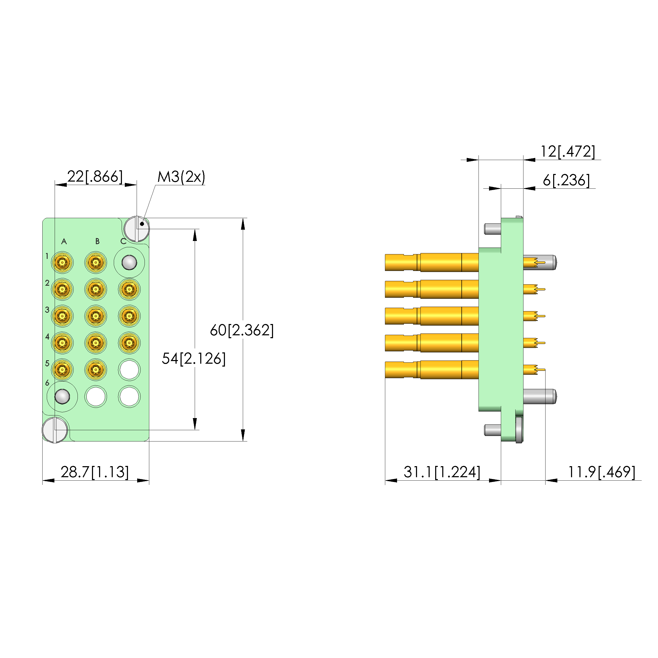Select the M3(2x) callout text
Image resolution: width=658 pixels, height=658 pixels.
pyautogui.click(x=181, y=177)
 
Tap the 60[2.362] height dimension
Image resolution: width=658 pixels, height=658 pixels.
pyautogui.click(x=241, y=330)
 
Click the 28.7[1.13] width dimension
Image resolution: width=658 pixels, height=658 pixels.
pyautogui.click(x=95, y=472)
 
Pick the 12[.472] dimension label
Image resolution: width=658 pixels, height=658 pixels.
pyautogui.click(x=568, y=152)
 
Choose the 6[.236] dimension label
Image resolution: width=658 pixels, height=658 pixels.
pyautogui.click(x=566, y=180)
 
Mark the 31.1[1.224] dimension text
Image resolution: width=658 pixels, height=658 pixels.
pyautogui.click(x=442, y=472)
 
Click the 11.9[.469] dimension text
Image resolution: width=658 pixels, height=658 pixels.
pyautogui.click(x=601, y=472)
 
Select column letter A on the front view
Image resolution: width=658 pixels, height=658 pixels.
pyautogui.click(x=64, y=241)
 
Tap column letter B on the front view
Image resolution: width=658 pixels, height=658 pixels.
pyautogui.click(x=97, y=241)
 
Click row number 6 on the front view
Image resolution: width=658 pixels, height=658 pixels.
pyautogui.click(x=47, y=383)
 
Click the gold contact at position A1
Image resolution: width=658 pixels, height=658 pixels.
pyautogui.click(x=62, y=263)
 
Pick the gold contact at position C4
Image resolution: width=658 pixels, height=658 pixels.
pyautogui.click(x=129, y=343)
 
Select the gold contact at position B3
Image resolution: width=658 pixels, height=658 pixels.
pyautogui.click(x=96, y=316)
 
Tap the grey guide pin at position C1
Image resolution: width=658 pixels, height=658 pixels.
pyautogui.click(x=129, y=263)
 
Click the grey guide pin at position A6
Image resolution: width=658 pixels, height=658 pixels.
pyautogui.click(x=62, y=397)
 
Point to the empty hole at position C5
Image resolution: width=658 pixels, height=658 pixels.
pyautogui.click(x=129, y=369)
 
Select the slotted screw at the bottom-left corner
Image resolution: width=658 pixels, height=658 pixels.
pyautogui.click(x=55, y=430)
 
